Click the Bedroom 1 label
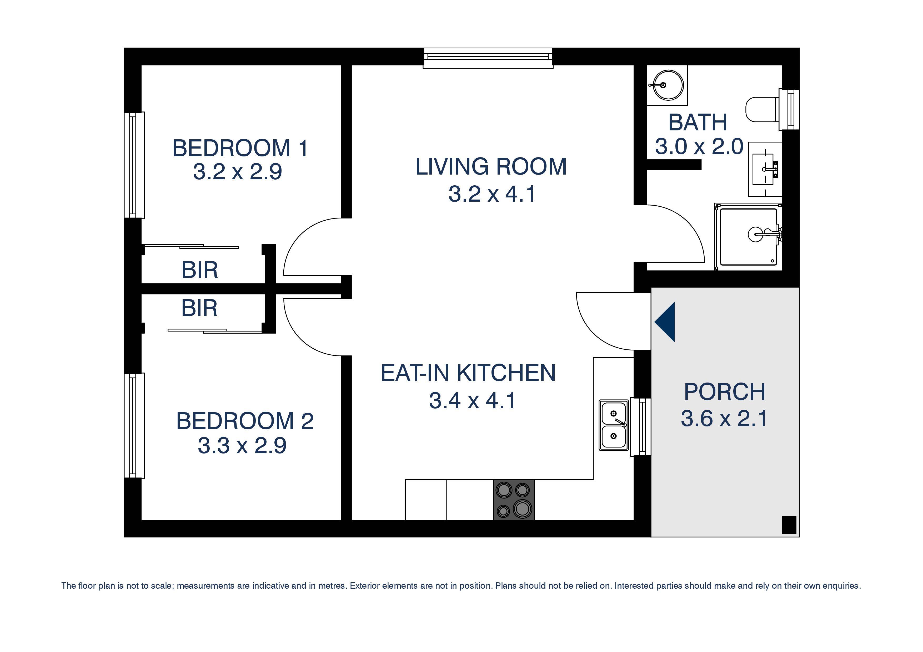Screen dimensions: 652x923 240,148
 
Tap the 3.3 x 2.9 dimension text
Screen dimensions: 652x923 242,446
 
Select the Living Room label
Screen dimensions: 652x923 491,167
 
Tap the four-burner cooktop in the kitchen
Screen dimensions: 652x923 514,500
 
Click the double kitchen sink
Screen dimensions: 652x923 614,425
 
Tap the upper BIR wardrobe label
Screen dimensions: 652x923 200,270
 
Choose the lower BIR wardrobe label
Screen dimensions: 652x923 199,308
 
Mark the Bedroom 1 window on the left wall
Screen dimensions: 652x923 134,165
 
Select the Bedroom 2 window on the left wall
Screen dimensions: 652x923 134,426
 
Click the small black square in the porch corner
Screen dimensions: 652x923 789,525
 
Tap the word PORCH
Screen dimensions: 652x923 724,392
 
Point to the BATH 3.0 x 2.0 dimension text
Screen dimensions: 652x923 699,147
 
